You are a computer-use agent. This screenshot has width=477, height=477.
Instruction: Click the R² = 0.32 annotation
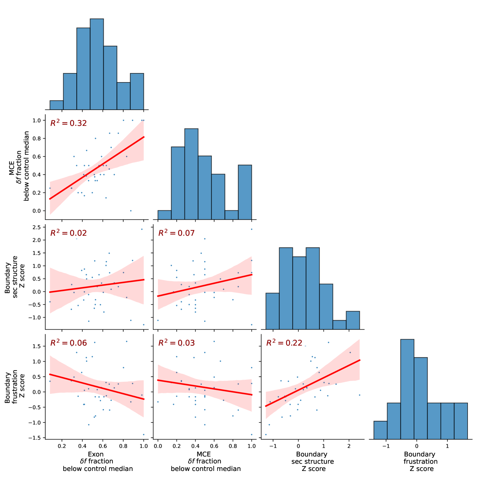[68, 123]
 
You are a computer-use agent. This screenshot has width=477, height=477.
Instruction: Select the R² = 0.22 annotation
[284, 343]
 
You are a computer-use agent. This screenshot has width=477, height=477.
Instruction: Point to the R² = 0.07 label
[176, 233]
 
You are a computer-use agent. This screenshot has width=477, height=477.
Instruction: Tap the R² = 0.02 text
[68, 233]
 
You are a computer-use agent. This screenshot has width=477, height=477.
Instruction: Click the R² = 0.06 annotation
[68, 343]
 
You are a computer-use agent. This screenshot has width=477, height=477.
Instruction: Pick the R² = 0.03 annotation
[176, 343]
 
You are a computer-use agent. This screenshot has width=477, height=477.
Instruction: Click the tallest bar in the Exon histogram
[97, 64]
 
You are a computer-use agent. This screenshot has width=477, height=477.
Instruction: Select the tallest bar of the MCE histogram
[191, 170]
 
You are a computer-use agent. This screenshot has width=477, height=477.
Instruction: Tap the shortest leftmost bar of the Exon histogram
[56, 105]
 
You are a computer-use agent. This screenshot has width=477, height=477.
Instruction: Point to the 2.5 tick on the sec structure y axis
[37, 227]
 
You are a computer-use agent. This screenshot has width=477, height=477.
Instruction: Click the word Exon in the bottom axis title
[96, 454]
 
